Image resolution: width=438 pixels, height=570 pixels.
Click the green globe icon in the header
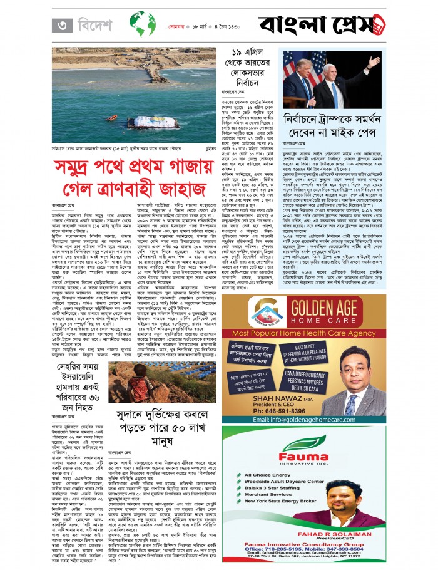(143, 26)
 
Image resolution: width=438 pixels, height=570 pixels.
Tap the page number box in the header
(61, 26)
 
